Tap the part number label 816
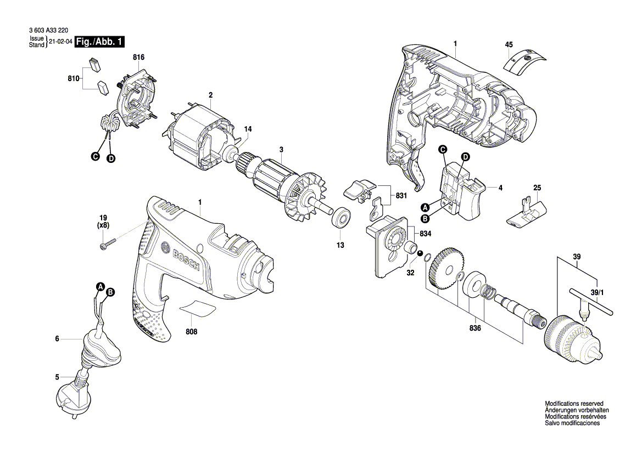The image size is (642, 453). [138, 57]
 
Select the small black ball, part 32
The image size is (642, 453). [420, 253]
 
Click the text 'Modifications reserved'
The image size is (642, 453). [574, 403]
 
